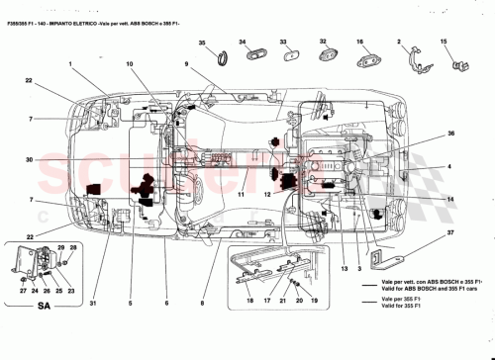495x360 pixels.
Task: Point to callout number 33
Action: (282, 43)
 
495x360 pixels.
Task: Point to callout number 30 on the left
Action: (29, 159)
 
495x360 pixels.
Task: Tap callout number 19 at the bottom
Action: (314, 299)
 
